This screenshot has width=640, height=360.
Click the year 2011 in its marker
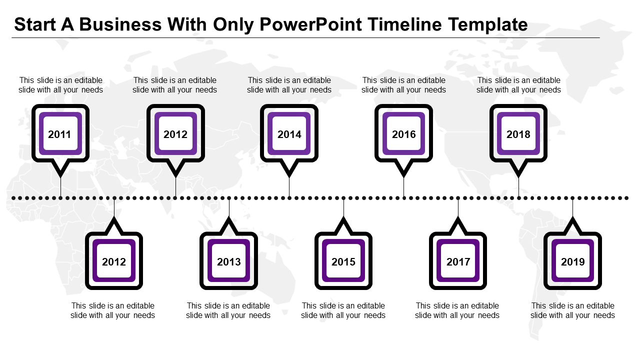point(60,134)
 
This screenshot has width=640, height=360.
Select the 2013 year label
point(229,261)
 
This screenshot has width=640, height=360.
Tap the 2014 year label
point(289,134)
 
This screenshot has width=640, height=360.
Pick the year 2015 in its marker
point(343,261)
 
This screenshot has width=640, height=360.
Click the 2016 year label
point(404,134)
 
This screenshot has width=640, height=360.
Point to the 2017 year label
point(458,261)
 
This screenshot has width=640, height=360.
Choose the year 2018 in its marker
point(518,134)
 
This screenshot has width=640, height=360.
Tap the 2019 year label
point(573,261)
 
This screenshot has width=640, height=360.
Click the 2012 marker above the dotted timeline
point(175,134)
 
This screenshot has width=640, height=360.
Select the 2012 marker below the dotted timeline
point(114,261)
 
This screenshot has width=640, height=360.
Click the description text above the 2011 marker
point(60,85)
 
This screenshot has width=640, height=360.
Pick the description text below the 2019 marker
point(573,310)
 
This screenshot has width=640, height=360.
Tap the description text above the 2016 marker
point(404,85)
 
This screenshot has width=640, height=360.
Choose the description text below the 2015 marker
point(343,310)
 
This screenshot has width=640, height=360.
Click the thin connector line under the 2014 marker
point(289,187)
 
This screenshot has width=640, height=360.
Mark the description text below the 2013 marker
point(228,310)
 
